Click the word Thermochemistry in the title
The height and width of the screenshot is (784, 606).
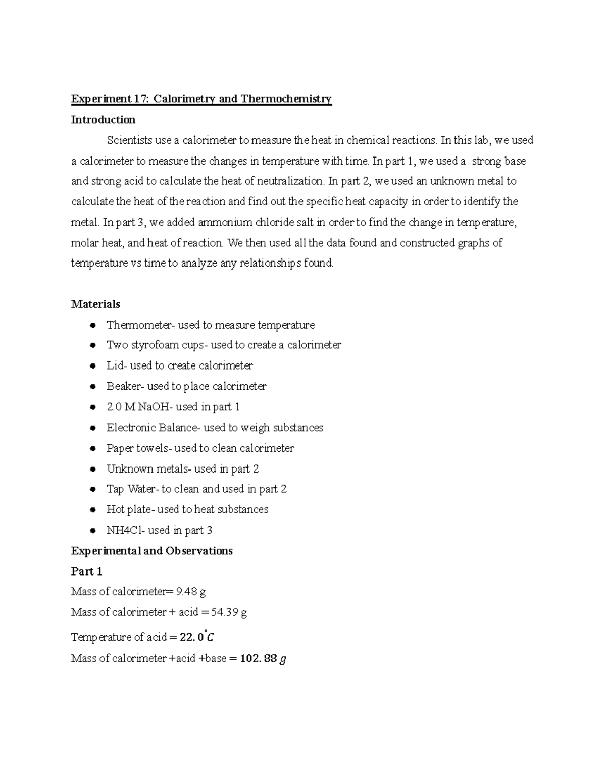[x=286, y=99]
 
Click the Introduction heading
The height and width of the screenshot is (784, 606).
[x=103, y=120]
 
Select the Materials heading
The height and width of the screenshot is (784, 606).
[x=95, y=304]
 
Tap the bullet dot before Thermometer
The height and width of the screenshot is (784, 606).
[x=93, y=325]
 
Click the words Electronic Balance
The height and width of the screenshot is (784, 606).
[x=154, y=428]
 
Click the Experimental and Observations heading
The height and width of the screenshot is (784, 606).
[x=151, y=551]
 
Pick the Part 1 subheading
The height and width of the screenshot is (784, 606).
[x=86, y=571]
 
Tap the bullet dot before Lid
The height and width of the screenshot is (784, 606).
[x=93, y=366]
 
